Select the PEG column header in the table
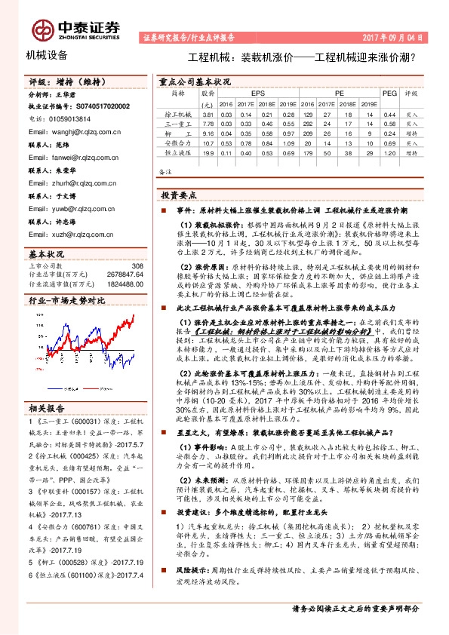[x=389, y=94]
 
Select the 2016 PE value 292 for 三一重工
[x=308, y=123]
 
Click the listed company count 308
[x=137, y=266]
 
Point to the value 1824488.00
[x=125, y=284]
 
